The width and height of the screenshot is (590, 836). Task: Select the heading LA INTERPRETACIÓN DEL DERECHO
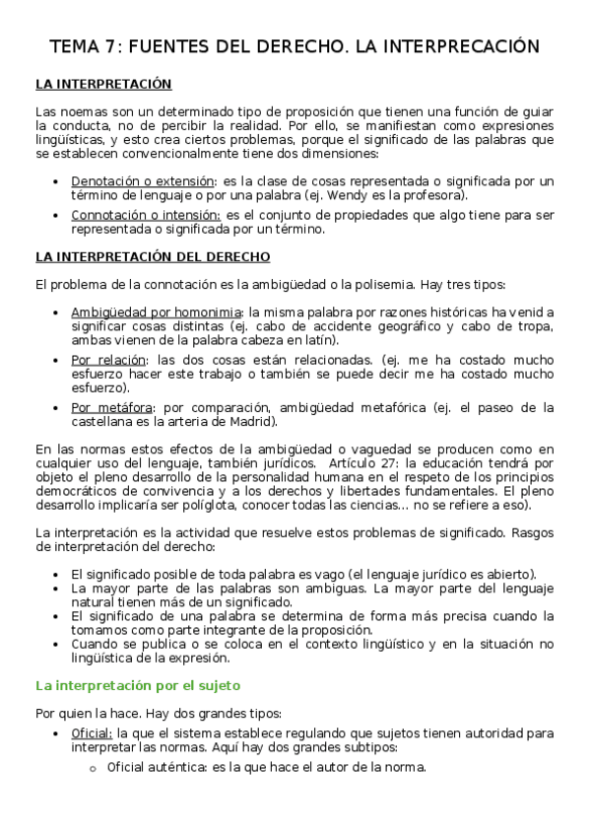click(153, 257)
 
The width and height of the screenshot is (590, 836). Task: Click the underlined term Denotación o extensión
click(157, 181)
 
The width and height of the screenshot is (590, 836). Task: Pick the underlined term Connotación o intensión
click(160, 215)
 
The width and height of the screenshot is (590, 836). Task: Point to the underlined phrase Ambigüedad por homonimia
click(156, 313)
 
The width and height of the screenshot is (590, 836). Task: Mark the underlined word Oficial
click(92, 733)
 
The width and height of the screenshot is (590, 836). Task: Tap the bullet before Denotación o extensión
click(63, 181)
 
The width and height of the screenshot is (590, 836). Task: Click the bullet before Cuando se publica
click(63, 644)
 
